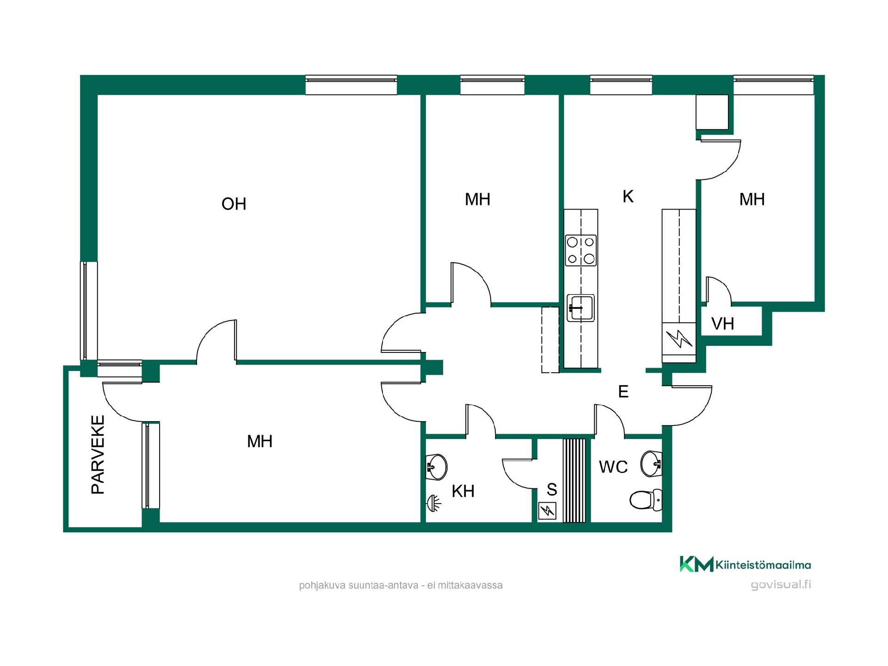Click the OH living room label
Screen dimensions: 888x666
pos(234,204)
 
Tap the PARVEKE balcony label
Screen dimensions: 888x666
pos(98,455)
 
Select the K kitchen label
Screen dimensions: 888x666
pos(628,197)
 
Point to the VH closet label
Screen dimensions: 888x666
pos(722,324)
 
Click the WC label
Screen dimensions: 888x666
pos(613,467)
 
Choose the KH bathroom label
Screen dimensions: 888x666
pos(463,491)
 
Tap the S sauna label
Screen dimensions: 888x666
pos(552,489)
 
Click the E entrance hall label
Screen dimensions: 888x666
pos(623,392)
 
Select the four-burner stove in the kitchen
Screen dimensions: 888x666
pos(581,250)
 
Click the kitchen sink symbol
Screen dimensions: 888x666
pos(580,308)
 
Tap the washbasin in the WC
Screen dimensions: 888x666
pos(651,463)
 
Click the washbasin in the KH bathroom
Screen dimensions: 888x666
pos(436,467)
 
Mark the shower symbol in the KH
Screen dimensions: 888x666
pos(433,502)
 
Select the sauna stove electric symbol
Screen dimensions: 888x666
pos(548,511)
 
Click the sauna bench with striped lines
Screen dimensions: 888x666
pos(574,481)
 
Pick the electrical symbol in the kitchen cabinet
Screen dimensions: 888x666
pos(678,339)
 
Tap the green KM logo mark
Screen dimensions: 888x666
pos(696,564)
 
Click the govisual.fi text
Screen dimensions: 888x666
pos(781,585)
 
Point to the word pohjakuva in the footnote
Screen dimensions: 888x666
pos(322,586)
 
